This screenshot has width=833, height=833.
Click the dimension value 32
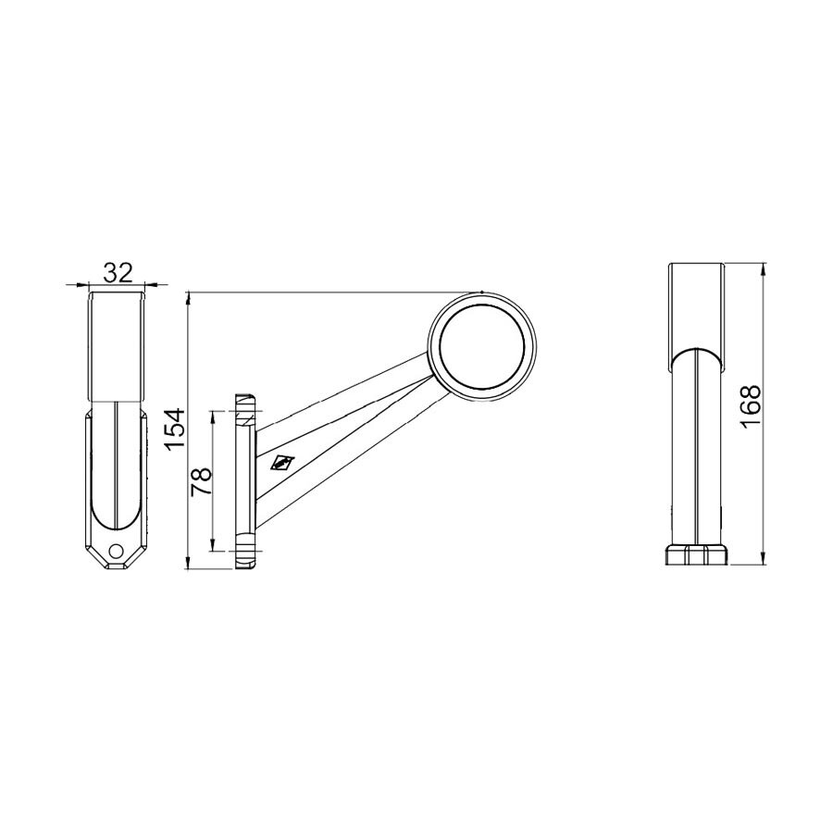(118, 272)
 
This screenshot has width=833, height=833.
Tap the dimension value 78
(201, 482)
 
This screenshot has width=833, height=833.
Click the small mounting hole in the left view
(116, 551)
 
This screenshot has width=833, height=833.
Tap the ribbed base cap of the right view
(697, 554)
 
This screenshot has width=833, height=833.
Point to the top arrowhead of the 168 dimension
(764, 270)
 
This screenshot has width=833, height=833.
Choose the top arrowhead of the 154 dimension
(188, 298)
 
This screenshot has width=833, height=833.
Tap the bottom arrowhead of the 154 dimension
(188, 565)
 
